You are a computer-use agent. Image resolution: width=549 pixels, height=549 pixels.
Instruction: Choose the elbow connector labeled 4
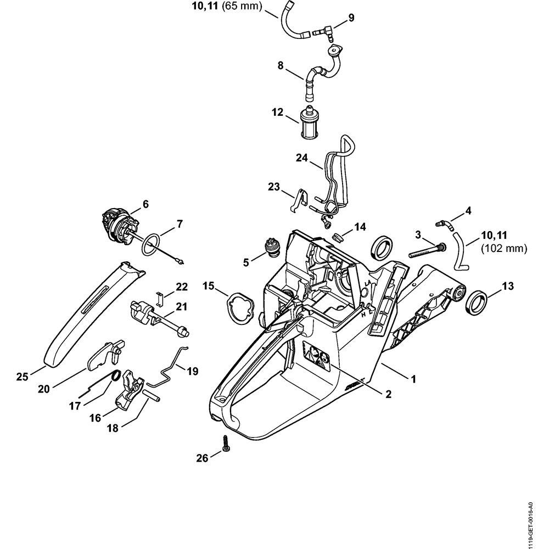[x=442, y=223]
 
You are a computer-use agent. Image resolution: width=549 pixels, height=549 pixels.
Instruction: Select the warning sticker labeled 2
[x=317, y=356]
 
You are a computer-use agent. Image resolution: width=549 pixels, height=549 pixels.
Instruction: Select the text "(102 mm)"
[x=503, y=249]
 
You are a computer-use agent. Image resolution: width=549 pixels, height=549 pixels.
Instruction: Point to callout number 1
[x=414, y=379]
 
